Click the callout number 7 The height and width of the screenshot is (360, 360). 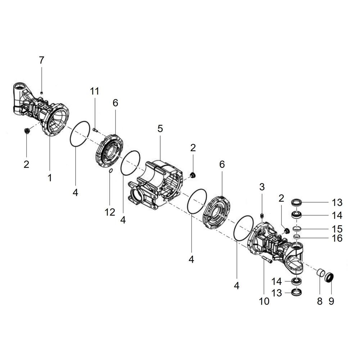click(x=41, y=60)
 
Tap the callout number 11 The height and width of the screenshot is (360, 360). click(x=94, y=91)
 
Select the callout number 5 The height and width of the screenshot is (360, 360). click(x=160, y=129)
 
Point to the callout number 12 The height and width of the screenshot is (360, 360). click(x=110, y=212)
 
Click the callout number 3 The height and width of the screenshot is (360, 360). click(x=262, y=187)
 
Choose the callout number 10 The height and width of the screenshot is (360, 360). click(x=264, y=301)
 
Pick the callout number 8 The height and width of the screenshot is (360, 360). click(x=320, y=301)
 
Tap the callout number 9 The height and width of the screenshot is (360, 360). click(x=331, y=301)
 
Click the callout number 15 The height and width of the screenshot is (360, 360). click(x=337, y=229)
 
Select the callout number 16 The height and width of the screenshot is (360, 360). click(x=337, y=238)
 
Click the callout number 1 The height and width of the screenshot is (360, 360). click(x=50, y=177)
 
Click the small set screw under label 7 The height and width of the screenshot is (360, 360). click(x=41, y=93)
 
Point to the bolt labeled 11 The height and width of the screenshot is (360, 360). click(x=95, y=130)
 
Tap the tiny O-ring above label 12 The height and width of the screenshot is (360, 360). click(x=110, y=171)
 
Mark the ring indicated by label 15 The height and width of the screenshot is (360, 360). click(x=297, y=229)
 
